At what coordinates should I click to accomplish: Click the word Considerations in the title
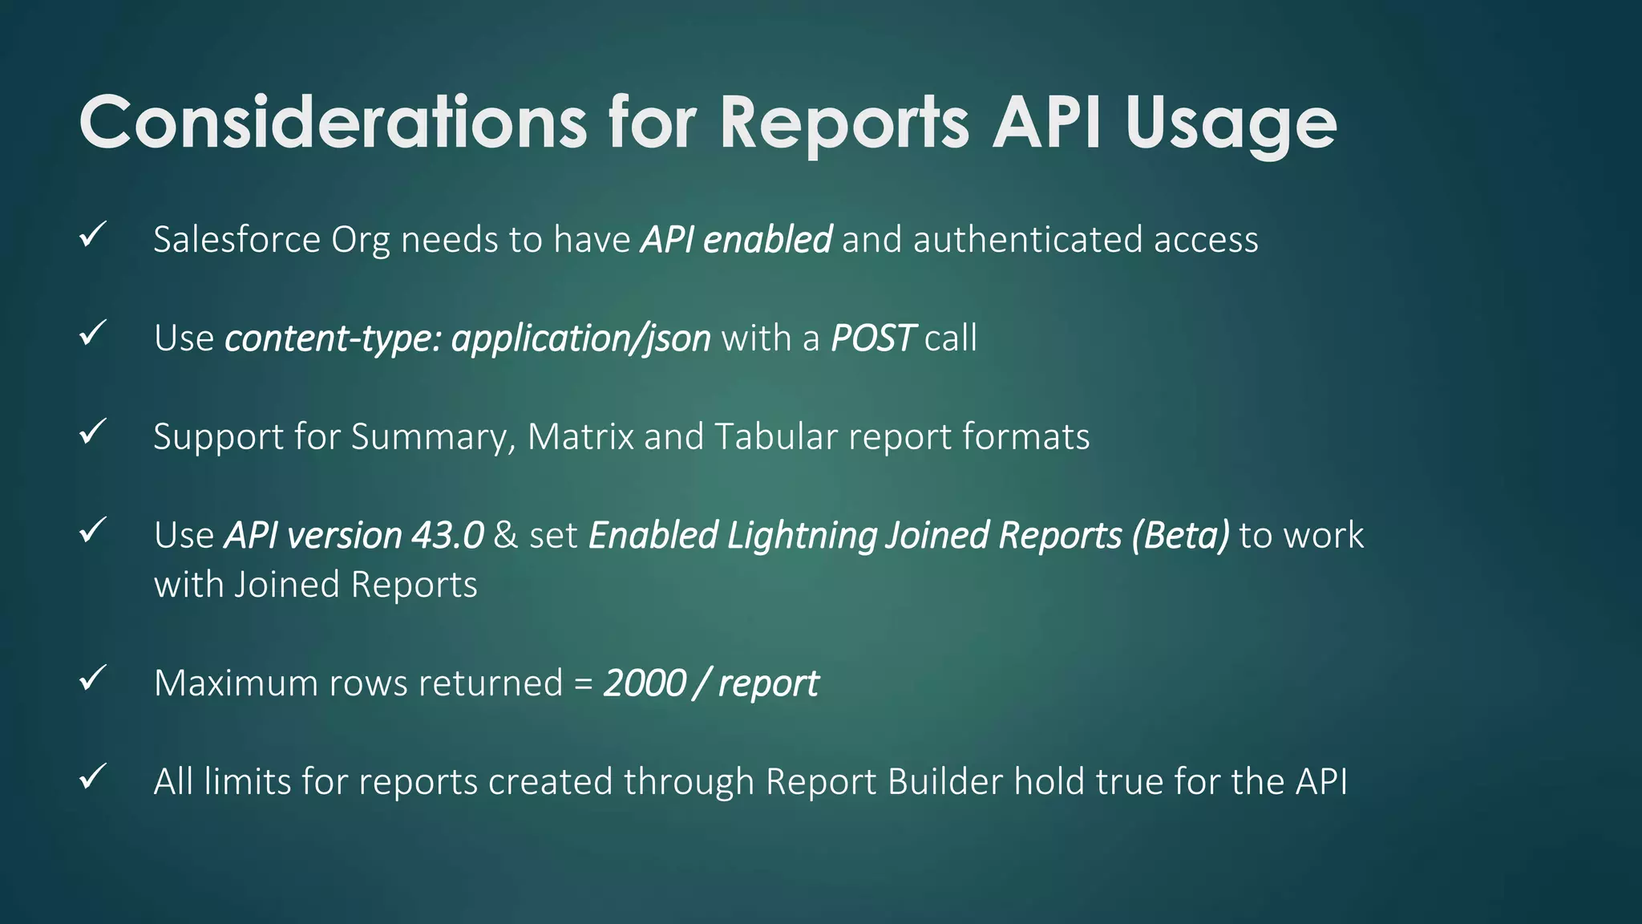[333, 122]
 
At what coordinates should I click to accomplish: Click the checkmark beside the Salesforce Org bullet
[93, 235]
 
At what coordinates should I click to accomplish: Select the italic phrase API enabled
[736, 240]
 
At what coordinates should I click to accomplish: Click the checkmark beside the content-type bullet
[93, 333]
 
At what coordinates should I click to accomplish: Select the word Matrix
[580, 437]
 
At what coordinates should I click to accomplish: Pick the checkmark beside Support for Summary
[93, 432]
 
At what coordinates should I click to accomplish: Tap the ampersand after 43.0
[505, 536]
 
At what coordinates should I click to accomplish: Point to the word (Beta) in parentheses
[1180, 536]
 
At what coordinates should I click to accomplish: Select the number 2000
[645, 683]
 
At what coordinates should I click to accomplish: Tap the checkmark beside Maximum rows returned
[93, 679]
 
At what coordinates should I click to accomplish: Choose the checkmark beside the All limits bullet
[93, 776]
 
